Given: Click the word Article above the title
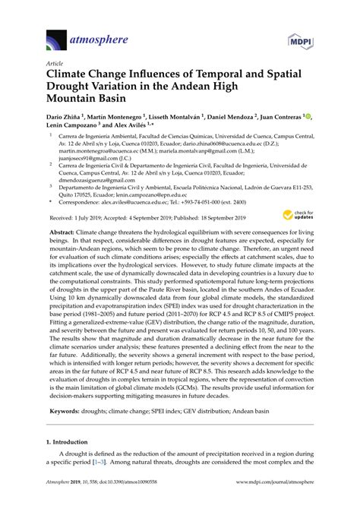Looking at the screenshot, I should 55,65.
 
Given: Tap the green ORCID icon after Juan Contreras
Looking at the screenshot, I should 305,118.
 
